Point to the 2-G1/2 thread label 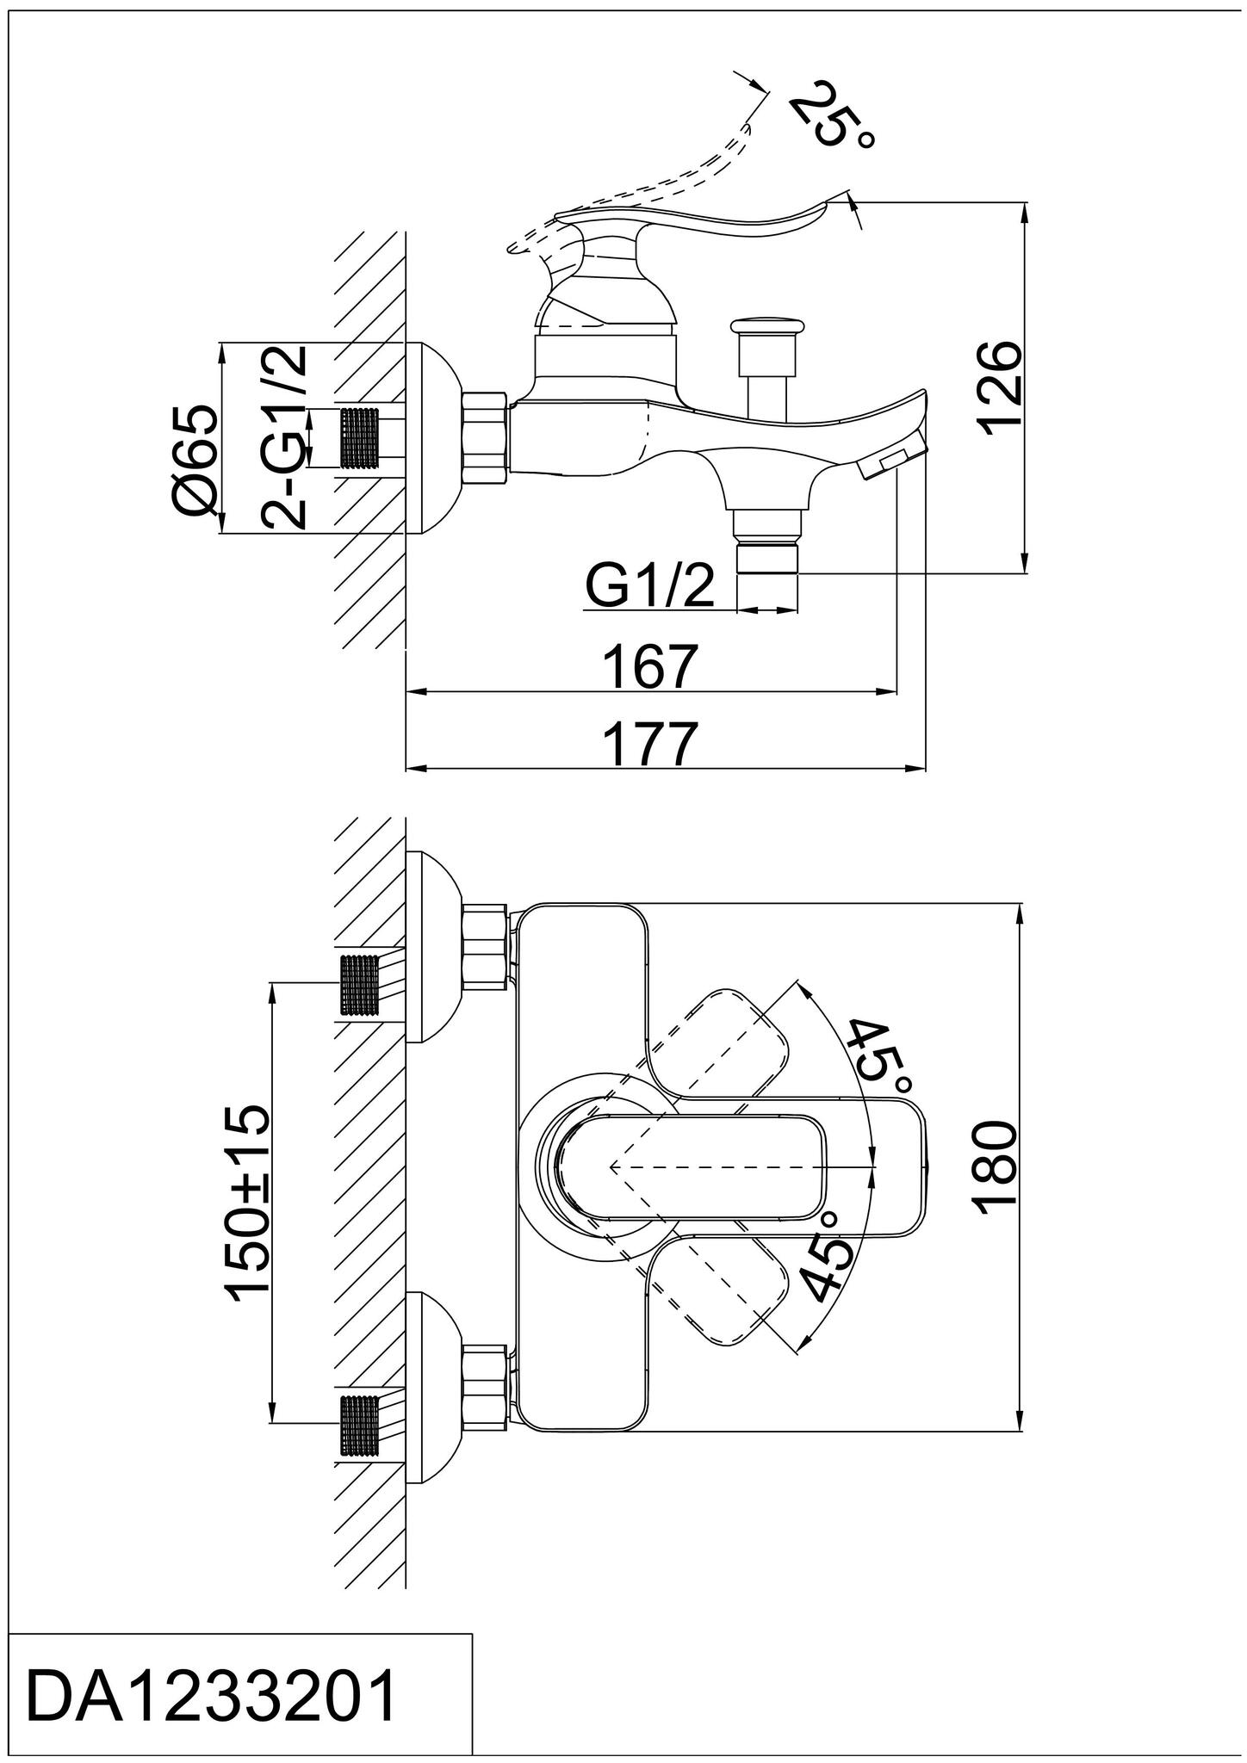(x=285, y=436)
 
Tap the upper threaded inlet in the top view (x=361, y=986)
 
